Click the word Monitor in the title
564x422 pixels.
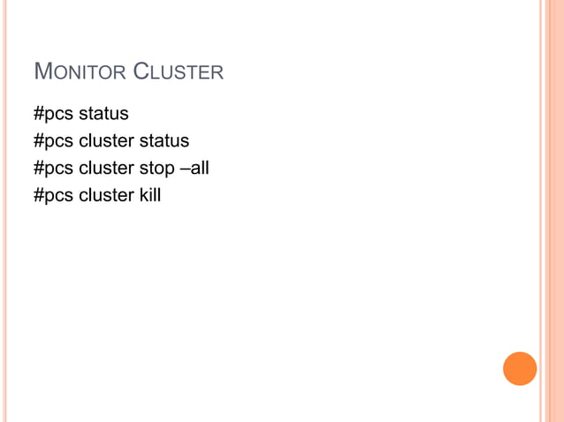(80, 72)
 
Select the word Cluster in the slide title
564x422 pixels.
(179, 72)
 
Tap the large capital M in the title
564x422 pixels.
(41, 71)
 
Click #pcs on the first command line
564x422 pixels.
(53, 114)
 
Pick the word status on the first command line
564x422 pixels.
(103, 114)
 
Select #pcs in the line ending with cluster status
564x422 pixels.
(53, 140)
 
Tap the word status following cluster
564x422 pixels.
(164, 140)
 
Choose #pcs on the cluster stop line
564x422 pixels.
(53, 167)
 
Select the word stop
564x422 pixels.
(156, 167)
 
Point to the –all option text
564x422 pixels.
(194, 167)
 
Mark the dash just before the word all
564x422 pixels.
(183, 167)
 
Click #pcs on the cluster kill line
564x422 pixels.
(53, 194)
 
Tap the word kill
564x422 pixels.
(149, 194)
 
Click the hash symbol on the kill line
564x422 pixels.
(38, 194)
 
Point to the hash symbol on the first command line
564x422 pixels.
(38, 114)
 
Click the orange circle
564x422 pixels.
(520, 368)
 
